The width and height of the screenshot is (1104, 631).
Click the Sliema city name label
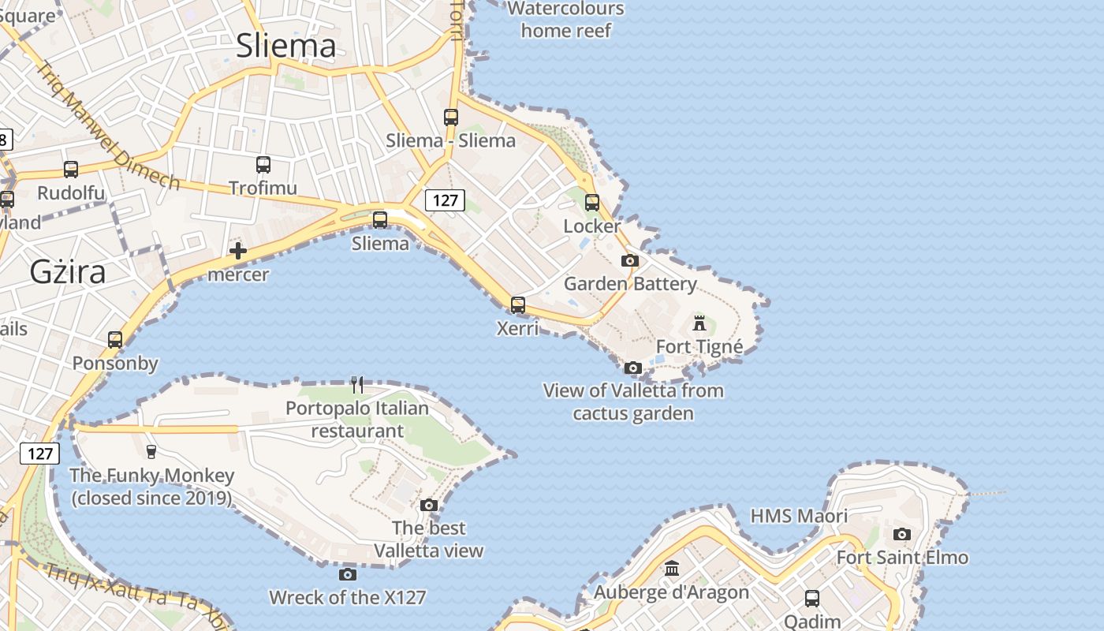pyautogui.click(x=286, y=46)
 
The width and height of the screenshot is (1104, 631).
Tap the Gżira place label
pyautogui.click(x=68, y=271)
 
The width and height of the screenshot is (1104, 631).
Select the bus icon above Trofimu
pyautogui.click(x=263, y=165)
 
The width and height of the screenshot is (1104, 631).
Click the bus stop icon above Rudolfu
pyautogui.click(x=71, y=170)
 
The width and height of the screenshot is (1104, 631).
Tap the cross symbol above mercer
pyautogui.click(x=238, y=252)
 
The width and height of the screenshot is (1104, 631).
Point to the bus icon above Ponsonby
pyautogui.click(x=115, y=340)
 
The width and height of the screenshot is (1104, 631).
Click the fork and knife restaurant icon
pyautogui.click(x=358, y=385)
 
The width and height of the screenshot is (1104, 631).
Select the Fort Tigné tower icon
pyautogui.click(x=699, y=323)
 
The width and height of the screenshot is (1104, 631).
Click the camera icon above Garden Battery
pyautogui.click(x=629, y=261)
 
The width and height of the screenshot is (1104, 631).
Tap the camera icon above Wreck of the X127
pyautogui.click(x=347, y=574)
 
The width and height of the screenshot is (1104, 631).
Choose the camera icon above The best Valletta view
pyautogui.click(x=429, y=505)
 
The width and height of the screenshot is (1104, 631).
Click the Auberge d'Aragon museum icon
pyautogui.click(x=672, y=568)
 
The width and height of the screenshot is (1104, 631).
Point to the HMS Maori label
pyautogui.click(x=799, y=516)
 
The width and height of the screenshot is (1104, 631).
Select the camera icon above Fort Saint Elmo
pyautogui.click(x=902, y=534)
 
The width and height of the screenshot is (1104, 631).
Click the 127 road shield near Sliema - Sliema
pyautogui.click(x=445, y=200)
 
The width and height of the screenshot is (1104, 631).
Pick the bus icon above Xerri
pyautogui.click(x=518, y=304)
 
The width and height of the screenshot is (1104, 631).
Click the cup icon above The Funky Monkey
pyautogui.click(x=151, y=451)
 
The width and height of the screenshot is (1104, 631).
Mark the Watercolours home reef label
pyautogui.click(x=566, y=20)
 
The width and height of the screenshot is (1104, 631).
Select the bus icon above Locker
pyautogui.click(x=592, y=203)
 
